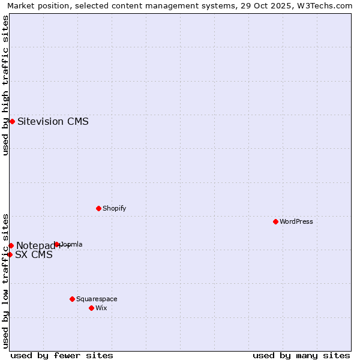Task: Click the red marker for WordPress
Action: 275,221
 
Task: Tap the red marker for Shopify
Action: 98,208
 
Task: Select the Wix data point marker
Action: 91,308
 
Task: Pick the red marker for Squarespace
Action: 72,299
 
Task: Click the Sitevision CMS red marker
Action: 12,121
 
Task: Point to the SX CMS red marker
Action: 10,254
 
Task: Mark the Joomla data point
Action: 57,244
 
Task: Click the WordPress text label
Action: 296,221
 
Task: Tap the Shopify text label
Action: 114,208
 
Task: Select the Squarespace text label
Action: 97,299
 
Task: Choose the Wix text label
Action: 101,308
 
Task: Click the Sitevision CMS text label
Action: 53,121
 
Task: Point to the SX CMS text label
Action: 34,254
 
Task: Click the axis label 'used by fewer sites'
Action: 62,355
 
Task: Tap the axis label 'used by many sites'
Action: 301,355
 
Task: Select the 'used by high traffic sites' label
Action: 5,85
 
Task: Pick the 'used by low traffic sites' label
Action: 5,280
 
